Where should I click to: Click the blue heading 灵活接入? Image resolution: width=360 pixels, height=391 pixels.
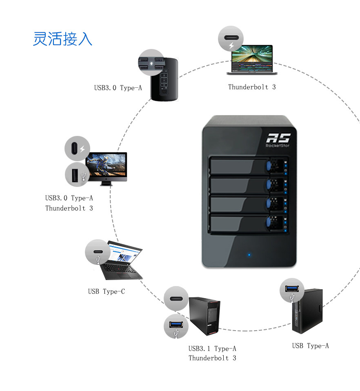pyautogui.click(x=62, y=39)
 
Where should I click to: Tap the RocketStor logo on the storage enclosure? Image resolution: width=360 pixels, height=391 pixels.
pyautogui.click(x=278, y=140)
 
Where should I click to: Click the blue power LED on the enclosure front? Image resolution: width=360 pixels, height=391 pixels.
pyautogui.click(x=249, y=255)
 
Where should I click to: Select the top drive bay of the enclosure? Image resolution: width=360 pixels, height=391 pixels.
pyautogui.click(x=249, y=166)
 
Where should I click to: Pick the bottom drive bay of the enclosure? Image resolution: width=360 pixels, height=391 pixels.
pyautogui.click(x=249, y=223)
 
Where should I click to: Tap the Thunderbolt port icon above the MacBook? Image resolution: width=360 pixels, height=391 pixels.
pyautogui.click(x=231, y=39)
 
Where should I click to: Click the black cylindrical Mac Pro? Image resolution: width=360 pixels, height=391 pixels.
pyautogui.click(x=164, y=79)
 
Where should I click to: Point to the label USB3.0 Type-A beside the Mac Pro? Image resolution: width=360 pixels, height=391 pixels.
pyautogui.click(x=118, y=88)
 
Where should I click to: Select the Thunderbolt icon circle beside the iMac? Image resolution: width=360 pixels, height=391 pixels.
pyautogui.click(x=77, y=149)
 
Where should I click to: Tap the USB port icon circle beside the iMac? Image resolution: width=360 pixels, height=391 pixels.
pyautogui.click(x=78, y=175)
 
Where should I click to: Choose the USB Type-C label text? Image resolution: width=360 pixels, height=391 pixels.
pyautogui.click(x=107, y=291)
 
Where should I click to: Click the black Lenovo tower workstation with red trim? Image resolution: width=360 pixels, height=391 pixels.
pyautogui.click(x=205, y=316)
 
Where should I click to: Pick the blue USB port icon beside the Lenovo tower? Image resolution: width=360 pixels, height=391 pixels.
pyautogui.click(x=176, y=326)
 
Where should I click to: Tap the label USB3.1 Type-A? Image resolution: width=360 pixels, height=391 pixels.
pyautogui.click(x=212, y=349)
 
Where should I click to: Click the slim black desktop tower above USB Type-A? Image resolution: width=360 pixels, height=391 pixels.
pyautogui.click(x=307, y=311)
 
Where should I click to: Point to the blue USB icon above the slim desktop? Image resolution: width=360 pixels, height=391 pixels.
pyautogui.click(x=292, y=290)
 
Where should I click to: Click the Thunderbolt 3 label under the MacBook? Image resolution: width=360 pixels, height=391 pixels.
pyautogui.click(x=252, y=87)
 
